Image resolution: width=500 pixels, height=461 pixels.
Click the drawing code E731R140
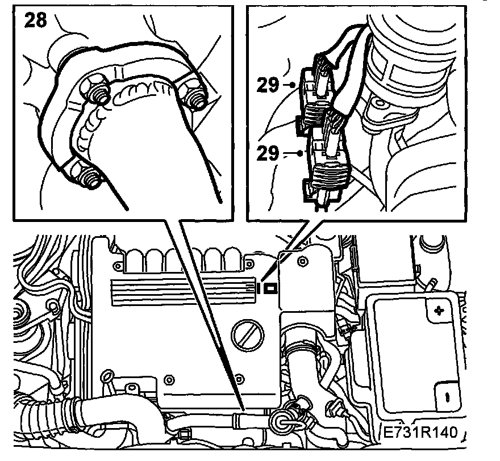(421, 433)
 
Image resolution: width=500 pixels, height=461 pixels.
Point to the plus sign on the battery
(438, 311)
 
